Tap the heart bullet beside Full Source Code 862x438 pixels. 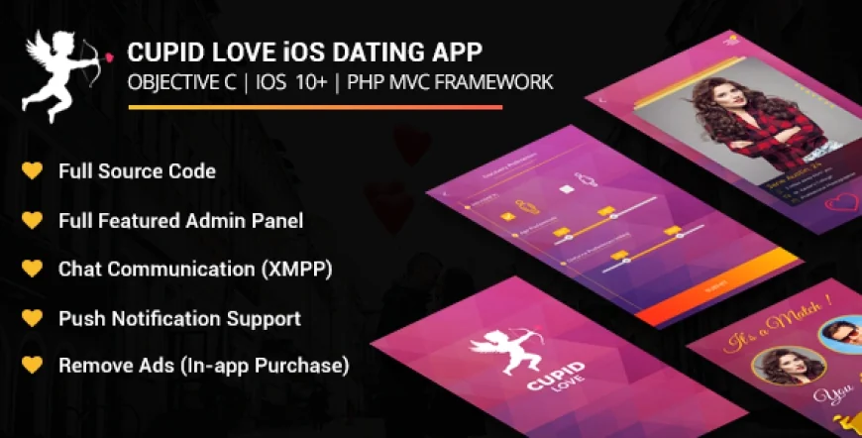point(33,170)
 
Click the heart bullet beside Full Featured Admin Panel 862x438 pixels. point(33,220)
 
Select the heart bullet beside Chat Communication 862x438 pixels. point(33,270)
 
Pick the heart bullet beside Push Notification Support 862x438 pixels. point(33,318)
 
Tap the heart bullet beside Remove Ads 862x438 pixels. point(33,366)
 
